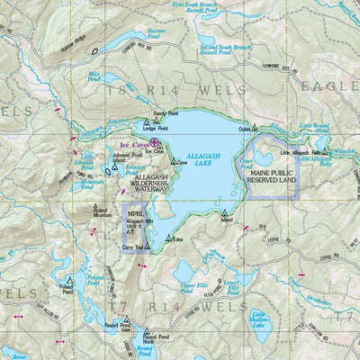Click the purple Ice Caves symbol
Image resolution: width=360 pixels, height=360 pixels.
[154, 141]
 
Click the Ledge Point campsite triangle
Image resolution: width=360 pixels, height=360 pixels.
[147, 121]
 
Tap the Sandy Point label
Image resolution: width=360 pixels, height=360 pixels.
[166, 114]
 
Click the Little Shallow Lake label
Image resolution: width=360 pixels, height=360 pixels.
[267, 320]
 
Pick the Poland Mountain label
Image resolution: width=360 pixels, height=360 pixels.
[102, 213]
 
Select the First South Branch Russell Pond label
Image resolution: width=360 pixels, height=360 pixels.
[209, 9]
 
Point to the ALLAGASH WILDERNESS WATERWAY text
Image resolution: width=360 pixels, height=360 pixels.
[144, 185]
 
